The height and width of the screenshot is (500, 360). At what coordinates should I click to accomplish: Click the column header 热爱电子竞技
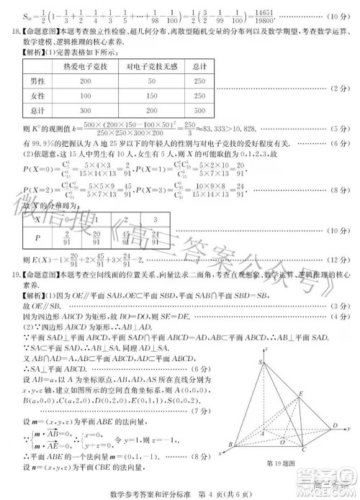tap(86, 67)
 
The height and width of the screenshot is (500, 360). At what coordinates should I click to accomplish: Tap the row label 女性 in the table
tap(38, 96)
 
